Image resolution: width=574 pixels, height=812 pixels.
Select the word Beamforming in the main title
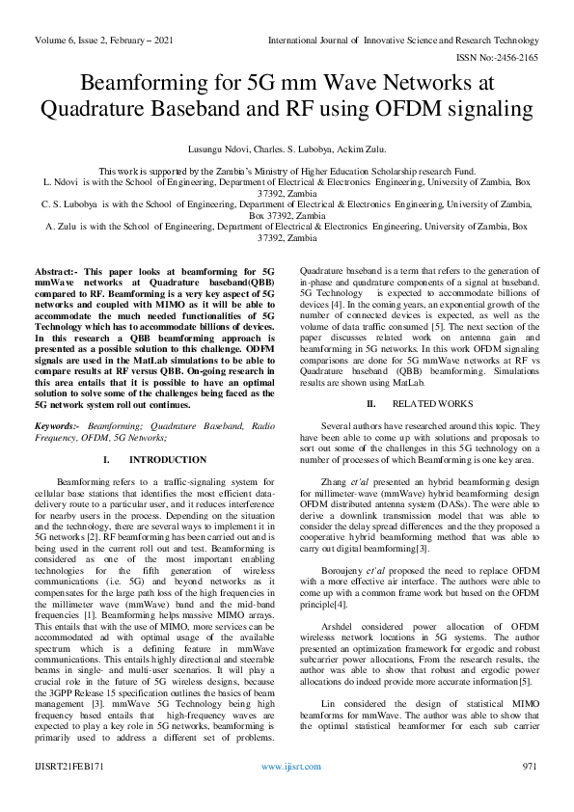pos(138,84)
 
